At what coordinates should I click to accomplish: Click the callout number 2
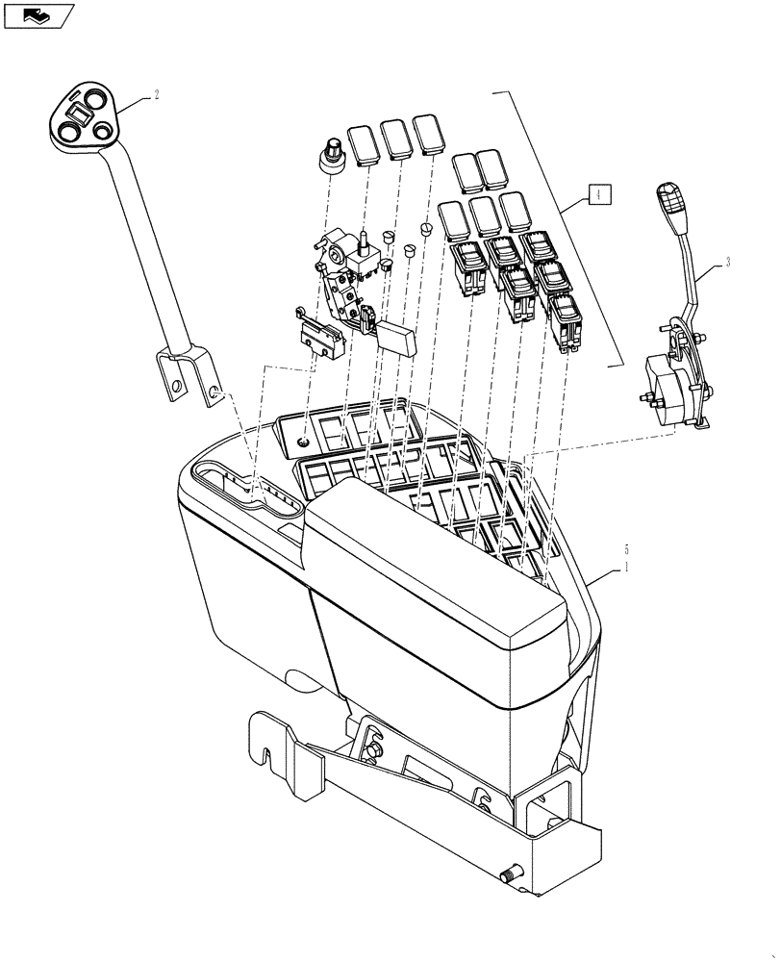[x=156, y=95]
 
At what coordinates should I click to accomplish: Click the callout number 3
[x=727, y=263]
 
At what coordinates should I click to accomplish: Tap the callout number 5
[x=627, y=549]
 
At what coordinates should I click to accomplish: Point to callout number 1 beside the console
[x=627, y=569]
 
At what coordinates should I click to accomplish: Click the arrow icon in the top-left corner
[x=38, y=14]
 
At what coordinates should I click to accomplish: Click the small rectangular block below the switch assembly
[x=396, y=333]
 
